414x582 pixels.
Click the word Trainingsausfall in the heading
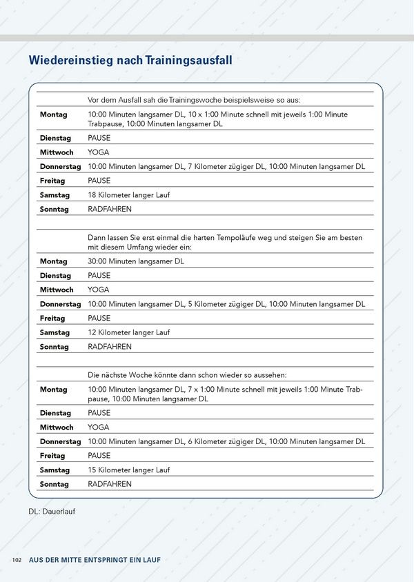[188, 61]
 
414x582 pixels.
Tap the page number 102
[18, 560]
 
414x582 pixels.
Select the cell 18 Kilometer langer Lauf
[128, 195]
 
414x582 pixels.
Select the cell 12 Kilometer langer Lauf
[128, 332]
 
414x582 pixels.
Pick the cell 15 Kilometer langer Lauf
[128, 470]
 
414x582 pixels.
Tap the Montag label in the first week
[53, 114]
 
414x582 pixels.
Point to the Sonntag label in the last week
[54, 484]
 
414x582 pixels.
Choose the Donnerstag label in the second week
[60, 304]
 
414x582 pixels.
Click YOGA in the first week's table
[98, 152]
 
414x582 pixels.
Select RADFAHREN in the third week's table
[109, 484]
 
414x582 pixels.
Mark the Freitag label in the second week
[52, 319]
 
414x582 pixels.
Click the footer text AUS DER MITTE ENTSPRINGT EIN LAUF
[95, 560]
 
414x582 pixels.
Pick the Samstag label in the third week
[55, 470]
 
